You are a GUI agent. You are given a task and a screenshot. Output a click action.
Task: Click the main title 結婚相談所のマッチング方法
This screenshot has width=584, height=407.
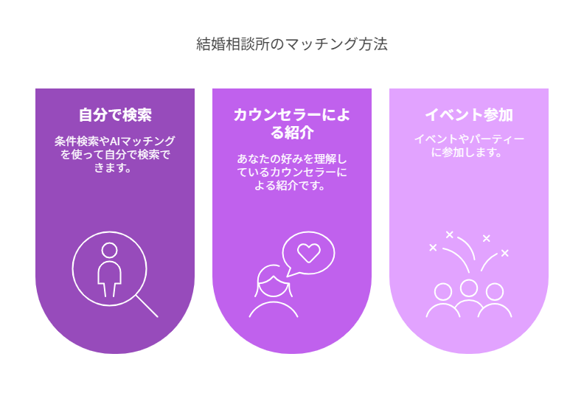291,44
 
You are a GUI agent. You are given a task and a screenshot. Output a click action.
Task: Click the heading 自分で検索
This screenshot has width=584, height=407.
115,115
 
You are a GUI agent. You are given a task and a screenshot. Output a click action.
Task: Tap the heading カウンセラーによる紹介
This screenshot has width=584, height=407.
291,124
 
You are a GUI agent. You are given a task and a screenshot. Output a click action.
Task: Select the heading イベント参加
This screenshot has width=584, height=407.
469,115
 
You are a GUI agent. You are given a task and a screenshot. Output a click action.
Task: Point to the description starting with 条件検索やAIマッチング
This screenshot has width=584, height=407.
115,154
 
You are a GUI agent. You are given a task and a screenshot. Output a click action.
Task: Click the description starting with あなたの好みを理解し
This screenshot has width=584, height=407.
291,172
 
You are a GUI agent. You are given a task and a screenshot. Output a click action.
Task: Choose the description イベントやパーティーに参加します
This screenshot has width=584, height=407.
469,145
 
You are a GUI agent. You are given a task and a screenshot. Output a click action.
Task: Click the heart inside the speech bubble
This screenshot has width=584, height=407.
309,252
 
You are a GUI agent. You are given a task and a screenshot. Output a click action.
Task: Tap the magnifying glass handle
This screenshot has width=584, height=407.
147,307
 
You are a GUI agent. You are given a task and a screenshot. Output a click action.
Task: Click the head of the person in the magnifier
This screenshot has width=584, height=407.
109,250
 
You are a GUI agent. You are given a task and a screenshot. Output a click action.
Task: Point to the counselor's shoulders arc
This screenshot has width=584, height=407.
274,302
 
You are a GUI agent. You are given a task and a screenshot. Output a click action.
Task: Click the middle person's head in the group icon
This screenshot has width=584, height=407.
468,288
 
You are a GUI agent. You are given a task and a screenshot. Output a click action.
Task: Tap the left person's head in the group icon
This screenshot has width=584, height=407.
443,291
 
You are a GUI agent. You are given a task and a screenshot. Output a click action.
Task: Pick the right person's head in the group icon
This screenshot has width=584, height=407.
495,291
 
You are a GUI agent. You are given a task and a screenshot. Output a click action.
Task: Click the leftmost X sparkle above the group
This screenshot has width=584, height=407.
433,247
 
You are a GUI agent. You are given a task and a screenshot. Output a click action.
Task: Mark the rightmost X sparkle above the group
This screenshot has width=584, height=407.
504,253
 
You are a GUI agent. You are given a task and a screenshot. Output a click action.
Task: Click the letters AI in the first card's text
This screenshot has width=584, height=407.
114,142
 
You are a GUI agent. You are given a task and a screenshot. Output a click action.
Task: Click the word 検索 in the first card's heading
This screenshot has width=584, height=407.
137,115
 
